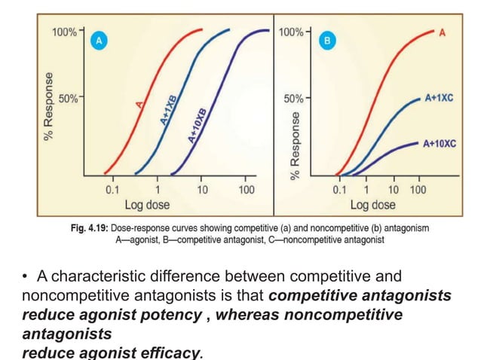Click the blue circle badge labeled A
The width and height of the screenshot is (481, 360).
pos(96,42)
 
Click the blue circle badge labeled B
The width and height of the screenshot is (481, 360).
pos(327,42)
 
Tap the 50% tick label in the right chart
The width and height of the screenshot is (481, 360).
pos(292,99)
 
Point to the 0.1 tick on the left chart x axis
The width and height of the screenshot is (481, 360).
pos(112,190)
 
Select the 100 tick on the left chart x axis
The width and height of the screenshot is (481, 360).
pos(246,190)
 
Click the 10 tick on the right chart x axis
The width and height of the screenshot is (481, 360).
pos(394,190)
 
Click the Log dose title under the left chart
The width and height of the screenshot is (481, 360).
pos(147,205)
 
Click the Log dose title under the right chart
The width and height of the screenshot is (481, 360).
pos(372,205)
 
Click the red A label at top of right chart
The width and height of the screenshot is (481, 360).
pos(441,32)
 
